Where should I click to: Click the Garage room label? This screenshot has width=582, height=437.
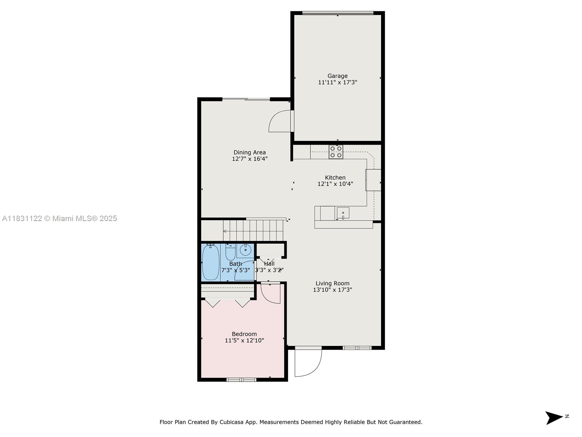(x=337, y=76)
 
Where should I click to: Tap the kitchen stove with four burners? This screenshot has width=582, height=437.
(x=336, y=152)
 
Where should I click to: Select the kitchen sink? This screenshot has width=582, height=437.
(x=343, y=213)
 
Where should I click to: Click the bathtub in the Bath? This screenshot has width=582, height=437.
(x=211, y=262)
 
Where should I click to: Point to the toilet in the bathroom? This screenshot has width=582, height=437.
(x=230, y=252)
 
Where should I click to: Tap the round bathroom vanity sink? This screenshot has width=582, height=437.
(x=246, y=251)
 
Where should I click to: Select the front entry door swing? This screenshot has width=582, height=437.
(x=308, y=363)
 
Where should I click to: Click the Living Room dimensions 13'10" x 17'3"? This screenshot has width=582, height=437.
(x=332, y=290)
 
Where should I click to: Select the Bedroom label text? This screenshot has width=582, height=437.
(x=244, y=334)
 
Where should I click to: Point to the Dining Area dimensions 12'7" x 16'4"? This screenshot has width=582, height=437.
(x=250, y=159)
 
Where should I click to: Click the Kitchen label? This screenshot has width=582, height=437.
(x=335, y=178)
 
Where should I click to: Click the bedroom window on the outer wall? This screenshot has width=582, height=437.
(x=242, y=380)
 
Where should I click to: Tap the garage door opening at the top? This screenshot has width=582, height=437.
(x=338, y=13)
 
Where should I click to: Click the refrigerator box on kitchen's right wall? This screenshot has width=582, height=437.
(x=373, y=180)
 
